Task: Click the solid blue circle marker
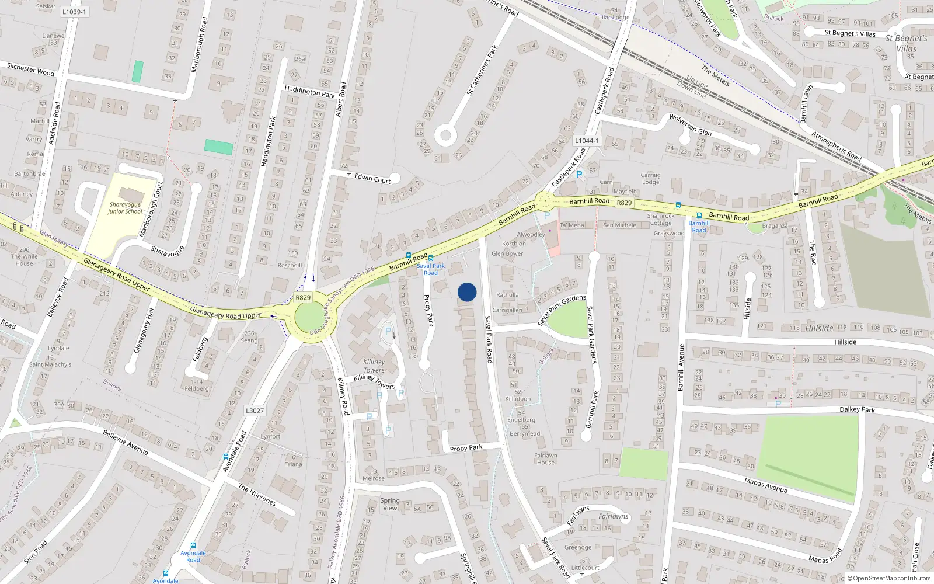point(467,292)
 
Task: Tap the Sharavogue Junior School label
point(125,208)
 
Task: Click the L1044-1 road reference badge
point(586,141)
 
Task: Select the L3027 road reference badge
point(255,411)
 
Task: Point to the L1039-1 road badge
point(74,12)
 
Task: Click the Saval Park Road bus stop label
point(431,269)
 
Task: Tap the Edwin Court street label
point(372,178)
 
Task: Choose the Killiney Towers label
point(374,366)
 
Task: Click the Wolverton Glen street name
point(690,124)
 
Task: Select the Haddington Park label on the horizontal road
point(309,92)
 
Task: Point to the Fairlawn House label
point(545,459)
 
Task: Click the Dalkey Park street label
point(857,409)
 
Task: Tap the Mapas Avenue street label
point(765,485)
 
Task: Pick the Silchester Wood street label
point(30,69)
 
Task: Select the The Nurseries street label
point(257,494)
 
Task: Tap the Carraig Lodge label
point(650,178)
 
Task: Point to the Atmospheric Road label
point(836,146)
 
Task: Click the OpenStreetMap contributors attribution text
point(891,578)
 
